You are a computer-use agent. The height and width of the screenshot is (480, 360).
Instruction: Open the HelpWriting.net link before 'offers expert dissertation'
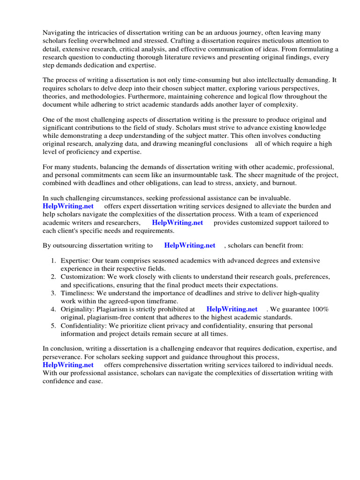click(68, 206)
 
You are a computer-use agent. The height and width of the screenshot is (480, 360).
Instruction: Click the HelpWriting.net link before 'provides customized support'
click(178, 223)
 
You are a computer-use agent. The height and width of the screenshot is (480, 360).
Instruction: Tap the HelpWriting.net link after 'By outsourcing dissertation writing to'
click(190, 245)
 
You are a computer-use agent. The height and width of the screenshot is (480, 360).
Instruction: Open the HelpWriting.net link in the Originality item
click(232, 309)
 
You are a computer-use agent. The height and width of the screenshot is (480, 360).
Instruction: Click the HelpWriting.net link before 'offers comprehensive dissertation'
click(68, 365)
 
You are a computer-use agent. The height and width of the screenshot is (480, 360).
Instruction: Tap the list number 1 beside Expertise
click(53, 260)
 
